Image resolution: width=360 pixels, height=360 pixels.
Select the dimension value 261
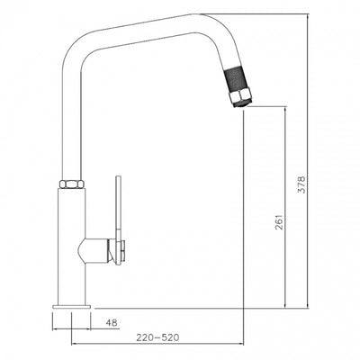(279, 222)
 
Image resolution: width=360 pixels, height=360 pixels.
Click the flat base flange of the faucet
(71, 309)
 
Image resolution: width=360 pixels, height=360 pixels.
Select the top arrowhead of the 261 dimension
(287, 108)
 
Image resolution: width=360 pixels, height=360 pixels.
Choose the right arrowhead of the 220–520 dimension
(244, 347)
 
